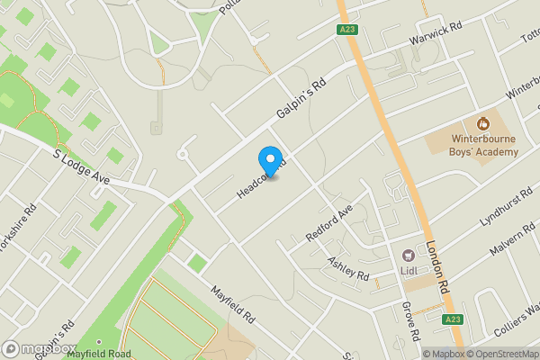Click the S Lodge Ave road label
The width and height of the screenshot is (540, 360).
pos(81,167)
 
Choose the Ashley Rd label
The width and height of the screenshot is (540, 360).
pos(348,267)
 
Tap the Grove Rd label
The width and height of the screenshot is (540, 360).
pos(411,320)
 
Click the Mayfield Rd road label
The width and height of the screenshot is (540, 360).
pos(234,305)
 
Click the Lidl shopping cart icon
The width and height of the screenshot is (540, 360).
pos(407,256)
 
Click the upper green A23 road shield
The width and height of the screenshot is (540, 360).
pos(348,30)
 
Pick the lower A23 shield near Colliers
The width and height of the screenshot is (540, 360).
pos(454,319)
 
